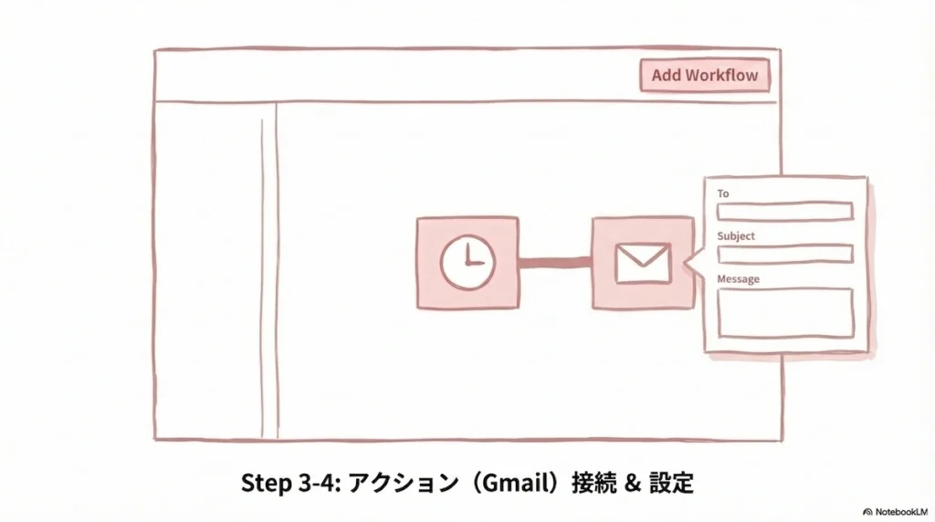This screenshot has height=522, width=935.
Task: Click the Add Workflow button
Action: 704,75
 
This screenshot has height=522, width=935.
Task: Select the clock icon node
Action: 467,263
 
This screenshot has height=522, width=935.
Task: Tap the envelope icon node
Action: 643,263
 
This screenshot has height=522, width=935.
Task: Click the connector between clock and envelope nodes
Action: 555,264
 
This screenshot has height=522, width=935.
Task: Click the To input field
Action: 784,212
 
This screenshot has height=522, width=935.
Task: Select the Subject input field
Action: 784,254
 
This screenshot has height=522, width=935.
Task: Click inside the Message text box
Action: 784,313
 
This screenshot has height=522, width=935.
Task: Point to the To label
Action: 723,193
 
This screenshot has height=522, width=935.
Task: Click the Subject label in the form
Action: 736,235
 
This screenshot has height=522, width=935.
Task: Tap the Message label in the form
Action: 738,278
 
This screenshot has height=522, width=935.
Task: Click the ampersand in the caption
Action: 630,481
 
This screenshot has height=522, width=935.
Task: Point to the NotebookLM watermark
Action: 897,512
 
